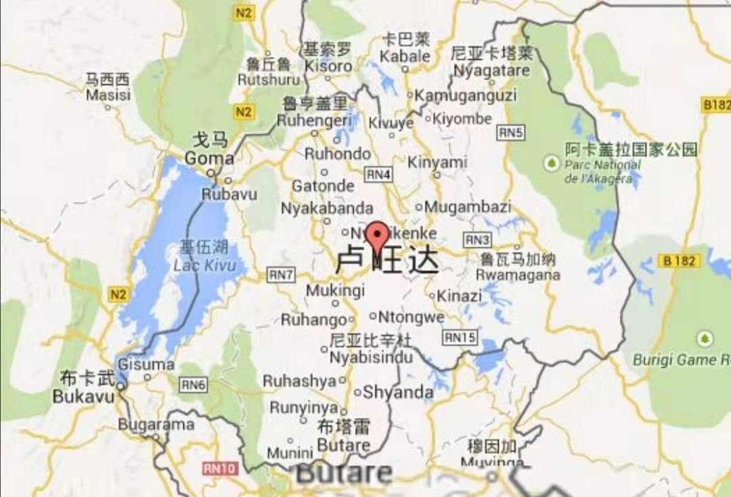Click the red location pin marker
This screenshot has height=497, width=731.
pyautogui.click(x=377, y=236)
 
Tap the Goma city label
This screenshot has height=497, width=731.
pyautogui.click(x=209, y=158)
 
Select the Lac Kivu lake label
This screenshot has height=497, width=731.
pyautogui.click(x=204, y=265)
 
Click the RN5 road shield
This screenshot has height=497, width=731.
pyautogui.click(x=511, y=133)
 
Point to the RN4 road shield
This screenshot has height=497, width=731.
pyautogui.click(x=378, y=174)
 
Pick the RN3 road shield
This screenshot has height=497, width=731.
pyautogui.click(x=477, y=240)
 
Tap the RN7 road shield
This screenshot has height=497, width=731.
pyautogui.click(x=280, y=275)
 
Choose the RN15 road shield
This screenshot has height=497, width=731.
pyautogui.click(x=460, y=337)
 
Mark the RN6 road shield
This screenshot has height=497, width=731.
pyautogui.click(x=193, y=385)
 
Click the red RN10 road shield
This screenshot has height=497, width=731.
pyautogui.click(x=219, y=468)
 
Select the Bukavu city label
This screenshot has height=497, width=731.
pyautogui.click(x=83, y=396)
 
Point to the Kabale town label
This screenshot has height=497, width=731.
pyautogui.click(x=405, y=56)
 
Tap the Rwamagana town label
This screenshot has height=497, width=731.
pyautogui.click(x=518, y=274)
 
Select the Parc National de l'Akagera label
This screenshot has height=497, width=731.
pyautogui.click(x=602, y=171)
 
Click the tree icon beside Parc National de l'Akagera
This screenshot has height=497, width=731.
pyautogui.click(x=552, y=163)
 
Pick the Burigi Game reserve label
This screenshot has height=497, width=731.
pyautogui.click(x=681, y=360)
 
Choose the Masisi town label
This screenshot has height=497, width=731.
pyautogui.click(x=108, y=95)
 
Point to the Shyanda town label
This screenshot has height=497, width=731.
pyautogui.click(x=398, y=392)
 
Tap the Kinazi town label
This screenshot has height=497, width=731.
pyautogui.click(x=459, y=296)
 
